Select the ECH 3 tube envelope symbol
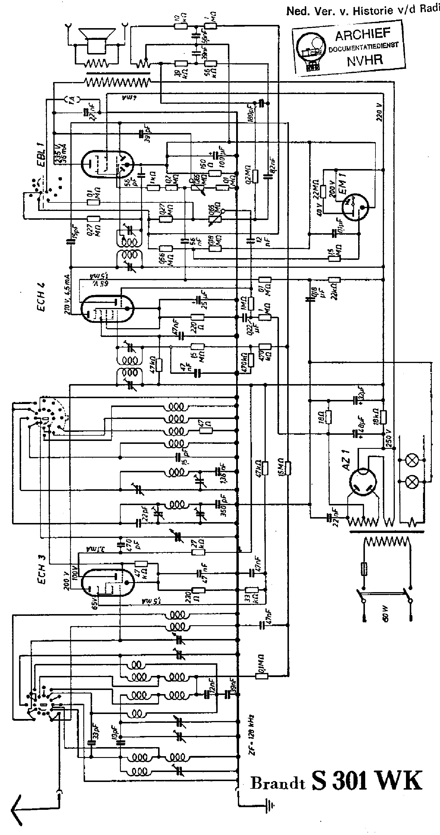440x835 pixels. pos(107,582)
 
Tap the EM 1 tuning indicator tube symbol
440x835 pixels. pos(355,207)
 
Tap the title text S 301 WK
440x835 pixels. pos(367,781)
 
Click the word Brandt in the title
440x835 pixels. pos(278,783)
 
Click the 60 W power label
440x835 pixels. pos(386,614)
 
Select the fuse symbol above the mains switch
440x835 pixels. pos(364,568)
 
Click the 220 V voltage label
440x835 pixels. pos(379,112)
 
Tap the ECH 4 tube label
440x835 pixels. pos(42,297)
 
